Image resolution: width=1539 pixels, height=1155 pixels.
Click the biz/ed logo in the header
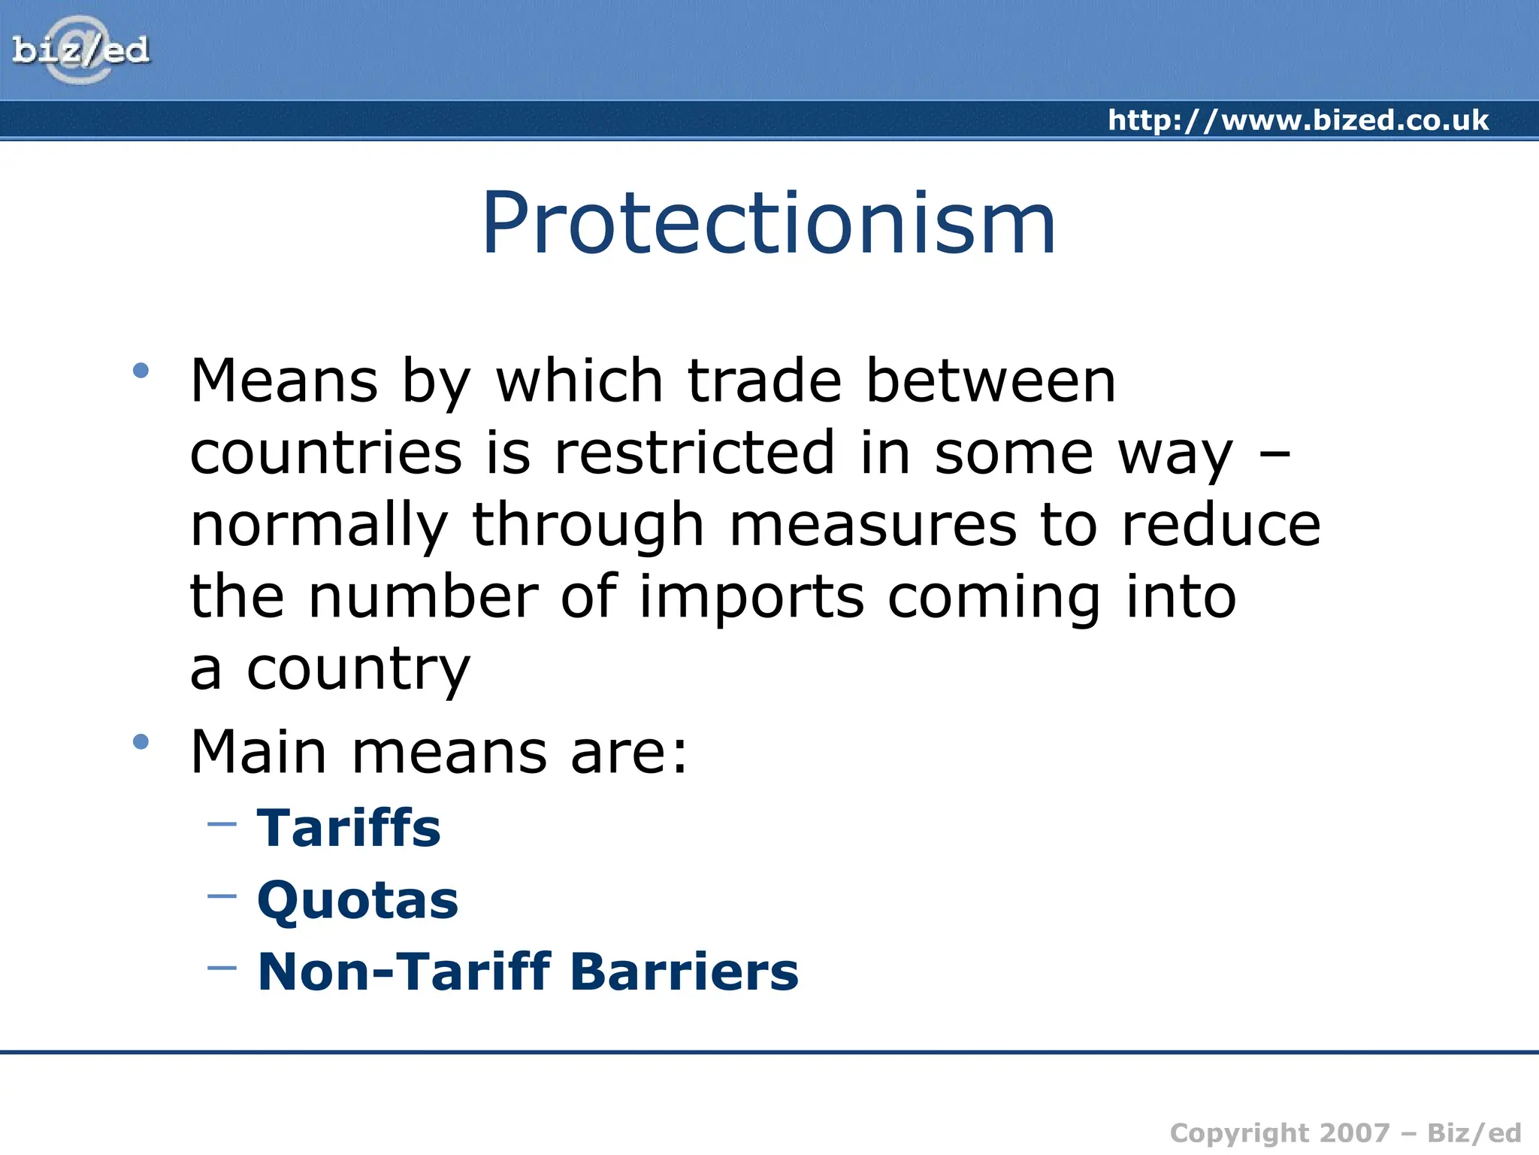[x=80, y=50]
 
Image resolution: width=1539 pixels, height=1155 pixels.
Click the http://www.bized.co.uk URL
[x=1298, y=120]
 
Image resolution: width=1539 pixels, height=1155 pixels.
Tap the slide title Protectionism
[x=769, y=223]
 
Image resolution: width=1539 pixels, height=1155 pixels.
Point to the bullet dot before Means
[x=141, y=370]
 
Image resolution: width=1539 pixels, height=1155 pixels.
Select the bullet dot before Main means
[x=141, y=742]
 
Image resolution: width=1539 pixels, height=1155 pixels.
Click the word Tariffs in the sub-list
[x=349, y=828]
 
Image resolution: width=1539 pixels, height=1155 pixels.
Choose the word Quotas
[x=358, y=900]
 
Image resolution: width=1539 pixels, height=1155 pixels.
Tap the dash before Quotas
[x=222, y=896]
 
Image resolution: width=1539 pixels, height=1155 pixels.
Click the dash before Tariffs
[x=222, y=824]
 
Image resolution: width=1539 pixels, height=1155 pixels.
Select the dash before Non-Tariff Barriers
[x=222, y=968]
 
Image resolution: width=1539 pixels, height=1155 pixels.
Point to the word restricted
[x=694, y=453]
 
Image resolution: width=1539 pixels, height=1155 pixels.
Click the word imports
[x=751, y=597]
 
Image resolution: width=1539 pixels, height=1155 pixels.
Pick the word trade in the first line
[x=764, y=380]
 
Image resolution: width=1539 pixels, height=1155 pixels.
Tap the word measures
[x=873, y=525]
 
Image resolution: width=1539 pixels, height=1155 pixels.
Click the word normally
[x=319, y=526]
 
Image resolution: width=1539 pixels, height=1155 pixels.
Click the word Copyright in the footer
[x=1240, y=1133]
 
